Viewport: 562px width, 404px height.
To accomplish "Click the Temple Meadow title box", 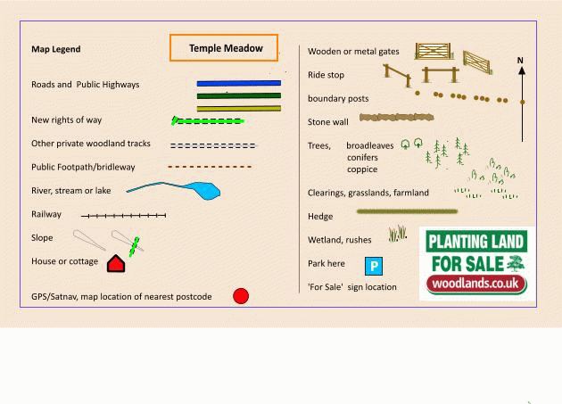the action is tap(224, 47).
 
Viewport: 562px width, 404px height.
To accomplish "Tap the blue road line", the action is tap(239, 83).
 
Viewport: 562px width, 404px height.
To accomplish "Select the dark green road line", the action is tap(239, 95).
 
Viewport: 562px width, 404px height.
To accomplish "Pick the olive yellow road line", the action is tap(239, 108).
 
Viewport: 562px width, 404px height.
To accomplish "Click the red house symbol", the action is tap(116, 264).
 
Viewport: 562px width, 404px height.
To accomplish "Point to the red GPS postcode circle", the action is tap(241, 296).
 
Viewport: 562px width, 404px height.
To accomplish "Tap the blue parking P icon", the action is tap(374, 266).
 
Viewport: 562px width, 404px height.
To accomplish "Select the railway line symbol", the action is tap(123, 216).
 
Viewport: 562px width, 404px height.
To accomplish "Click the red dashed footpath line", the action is tap(210, 167).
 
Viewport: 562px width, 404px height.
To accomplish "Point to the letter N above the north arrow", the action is tap(520, 61).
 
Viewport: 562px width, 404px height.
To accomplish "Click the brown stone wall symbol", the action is tap(396, 117).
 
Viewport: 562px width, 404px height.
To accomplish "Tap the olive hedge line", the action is tap(407, 211).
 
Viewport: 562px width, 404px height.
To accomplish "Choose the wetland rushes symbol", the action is tap(398, 234).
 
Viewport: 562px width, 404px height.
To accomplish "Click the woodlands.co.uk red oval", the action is tap(476, 284).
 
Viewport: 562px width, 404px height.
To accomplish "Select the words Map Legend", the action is tap(56, 49).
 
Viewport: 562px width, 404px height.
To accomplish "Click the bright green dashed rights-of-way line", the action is tap(208, 121).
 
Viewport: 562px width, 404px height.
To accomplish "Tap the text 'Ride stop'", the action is tap(326, 75).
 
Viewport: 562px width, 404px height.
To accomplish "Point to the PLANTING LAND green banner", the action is tap(476, 242).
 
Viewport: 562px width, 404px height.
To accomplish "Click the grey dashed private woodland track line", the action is tap(213, 145).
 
